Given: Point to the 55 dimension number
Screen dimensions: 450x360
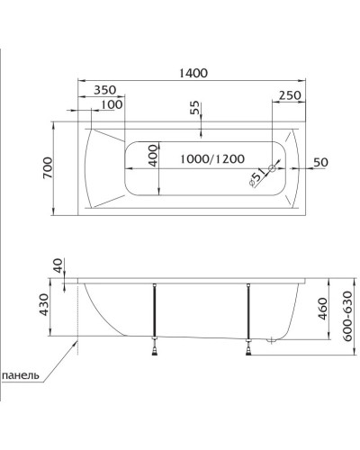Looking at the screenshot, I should pos(195,107).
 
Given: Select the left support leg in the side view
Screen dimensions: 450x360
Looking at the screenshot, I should pos(156,310).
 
